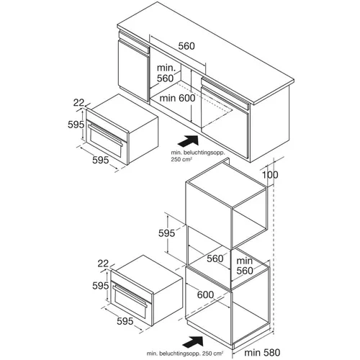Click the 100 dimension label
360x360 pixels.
[x=270, y=175]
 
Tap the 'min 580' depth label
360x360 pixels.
[x=262, y=352]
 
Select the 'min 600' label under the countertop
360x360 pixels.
[x=177, y=98]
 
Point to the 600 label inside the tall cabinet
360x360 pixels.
[x=205, y=294]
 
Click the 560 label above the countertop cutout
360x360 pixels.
[x=186, y=46]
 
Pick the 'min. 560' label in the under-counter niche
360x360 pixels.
[x=166, y=73]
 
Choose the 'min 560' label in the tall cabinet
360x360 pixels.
[x=245, y=266]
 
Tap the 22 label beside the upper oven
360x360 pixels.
[x=79, y=103]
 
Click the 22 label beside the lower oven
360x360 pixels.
[x=103, y=264]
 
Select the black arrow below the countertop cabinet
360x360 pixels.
[x=188, y=140]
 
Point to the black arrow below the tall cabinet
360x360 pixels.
[x=193, y=341]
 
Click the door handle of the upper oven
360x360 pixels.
[x=106, y=135]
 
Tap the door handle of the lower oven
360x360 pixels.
[x=130, y=296]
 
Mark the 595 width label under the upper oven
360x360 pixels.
[x=101, y=160]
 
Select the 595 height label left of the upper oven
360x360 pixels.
[x=76, y=125]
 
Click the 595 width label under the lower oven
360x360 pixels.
[x=125, y=321]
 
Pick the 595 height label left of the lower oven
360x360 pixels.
[x=101, y=286]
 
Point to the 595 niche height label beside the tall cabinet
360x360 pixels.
[x=166, y=233]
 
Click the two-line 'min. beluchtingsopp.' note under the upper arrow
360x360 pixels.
[x=198, y=156]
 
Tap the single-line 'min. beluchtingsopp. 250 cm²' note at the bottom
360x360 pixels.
[x=185, y=354]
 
